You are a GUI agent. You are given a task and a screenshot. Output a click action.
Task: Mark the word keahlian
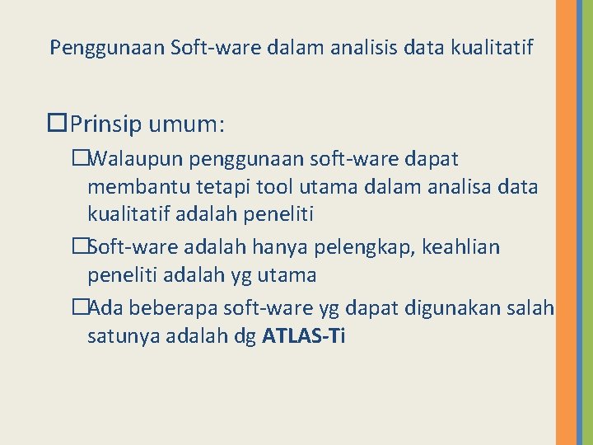tap(461, 246)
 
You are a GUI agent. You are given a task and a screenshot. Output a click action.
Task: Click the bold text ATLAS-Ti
tap(303, 336)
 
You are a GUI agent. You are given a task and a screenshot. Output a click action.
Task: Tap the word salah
tap(533, 307)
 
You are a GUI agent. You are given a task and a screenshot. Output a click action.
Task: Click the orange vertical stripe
tap(567, 222)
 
